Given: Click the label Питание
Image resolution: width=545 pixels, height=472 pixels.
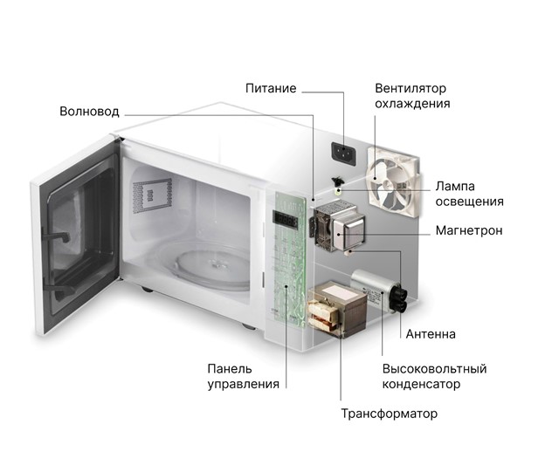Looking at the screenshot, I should pos(271,88).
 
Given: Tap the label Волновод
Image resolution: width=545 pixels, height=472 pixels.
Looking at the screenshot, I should pos(89,112).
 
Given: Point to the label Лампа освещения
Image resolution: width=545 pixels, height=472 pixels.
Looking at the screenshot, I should pos(469,194).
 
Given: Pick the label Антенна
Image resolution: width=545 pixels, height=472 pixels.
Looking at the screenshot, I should pos(431,334).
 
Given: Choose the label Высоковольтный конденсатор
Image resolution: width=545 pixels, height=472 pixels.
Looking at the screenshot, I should pos(434,376).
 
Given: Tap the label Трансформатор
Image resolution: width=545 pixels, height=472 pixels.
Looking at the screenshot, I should pos(389,413).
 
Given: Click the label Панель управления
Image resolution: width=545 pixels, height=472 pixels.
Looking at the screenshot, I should pos(244,376).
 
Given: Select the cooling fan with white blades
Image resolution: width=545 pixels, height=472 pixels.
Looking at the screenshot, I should pos(394,178).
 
